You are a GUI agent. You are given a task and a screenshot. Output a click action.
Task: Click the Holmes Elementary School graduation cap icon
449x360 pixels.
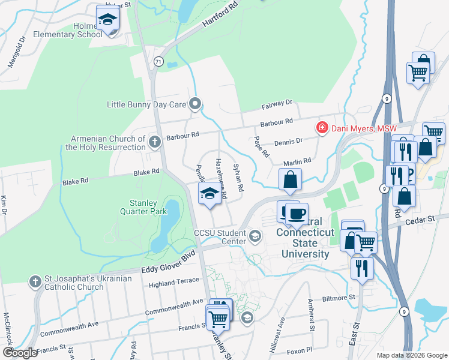point(108,20)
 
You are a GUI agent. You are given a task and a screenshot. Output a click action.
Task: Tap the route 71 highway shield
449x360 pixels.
point(158,61)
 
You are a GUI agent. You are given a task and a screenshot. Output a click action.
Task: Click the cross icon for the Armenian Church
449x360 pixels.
point(155,142)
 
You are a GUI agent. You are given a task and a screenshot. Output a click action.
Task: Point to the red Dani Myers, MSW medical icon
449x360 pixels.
point(322,128)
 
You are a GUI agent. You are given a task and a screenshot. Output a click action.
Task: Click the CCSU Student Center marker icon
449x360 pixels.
point(255,235)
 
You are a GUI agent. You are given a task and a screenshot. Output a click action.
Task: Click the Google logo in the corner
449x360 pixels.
point(20,352)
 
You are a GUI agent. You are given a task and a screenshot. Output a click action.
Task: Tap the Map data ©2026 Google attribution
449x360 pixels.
point(411,355)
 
